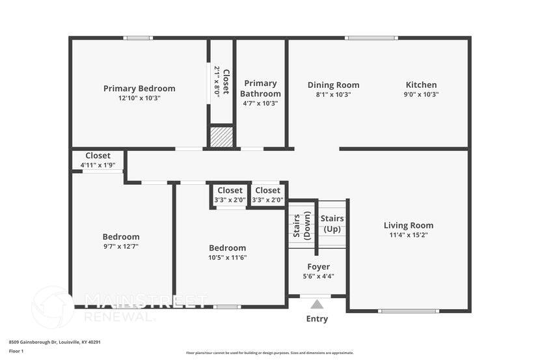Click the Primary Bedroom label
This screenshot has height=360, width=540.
pos(139,89)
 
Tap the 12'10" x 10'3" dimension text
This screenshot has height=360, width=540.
pos(139,98)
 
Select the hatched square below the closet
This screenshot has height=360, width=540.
pos(221,137)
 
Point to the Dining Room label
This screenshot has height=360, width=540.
pos(333,85)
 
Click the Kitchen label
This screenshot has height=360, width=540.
pos(421,85)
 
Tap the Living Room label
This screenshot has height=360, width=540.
pos(408,225)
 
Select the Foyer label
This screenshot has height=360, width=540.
pos(318,266)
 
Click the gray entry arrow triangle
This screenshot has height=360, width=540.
pos(317,304)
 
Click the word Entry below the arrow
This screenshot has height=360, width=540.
pos(317,319)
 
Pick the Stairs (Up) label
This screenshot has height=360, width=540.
pos(332,223)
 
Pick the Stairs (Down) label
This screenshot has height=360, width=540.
pos(301,225)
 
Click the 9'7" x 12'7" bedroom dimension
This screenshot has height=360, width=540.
pos(120,247)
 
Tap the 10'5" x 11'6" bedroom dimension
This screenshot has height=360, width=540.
pos(227,257)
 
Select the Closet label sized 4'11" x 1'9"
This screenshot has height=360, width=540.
pos(98,156)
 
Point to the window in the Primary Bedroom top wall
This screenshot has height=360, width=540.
pos(139,38)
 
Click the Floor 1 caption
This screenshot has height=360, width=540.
pos(16,351)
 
